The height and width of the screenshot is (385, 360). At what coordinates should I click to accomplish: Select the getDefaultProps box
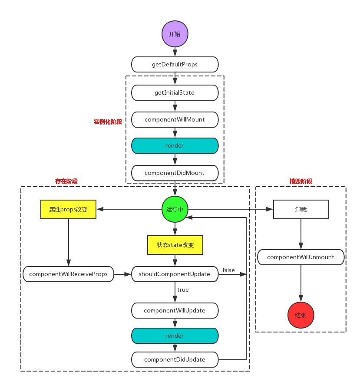pos(175,65)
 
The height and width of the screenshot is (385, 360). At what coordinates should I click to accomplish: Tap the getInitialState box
pos(175,92)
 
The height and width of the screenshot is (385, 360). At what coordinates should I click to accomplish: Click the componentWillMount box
pos(175,118)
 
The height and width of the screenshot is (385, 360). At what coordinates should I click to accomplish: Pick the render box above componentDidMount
pos(175,145)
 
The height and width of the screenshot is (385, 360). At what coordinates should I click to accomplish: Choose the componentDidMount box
pos(175,173)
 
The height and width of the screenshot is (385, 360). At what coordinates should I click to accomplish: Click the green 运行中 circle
pos(175,209)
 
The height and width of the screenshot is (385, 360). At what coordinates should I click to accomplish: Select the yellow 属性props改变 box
pos(68,209)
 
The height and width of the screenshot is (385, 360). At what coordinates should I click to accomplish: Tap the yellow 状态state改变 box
pos(175,245)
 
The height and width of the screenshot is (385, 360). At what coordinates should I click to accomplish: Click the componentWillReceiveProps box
pos(68,274)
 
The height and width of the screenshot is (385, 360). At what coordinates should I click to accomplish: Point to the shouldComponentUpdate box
pos(175,274)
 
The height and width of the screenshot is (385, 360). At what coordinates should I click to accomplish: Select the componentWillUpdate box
pos(175,310)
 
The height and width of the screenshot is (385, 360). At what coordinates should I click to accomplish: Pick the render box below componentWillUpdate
pos(175,336)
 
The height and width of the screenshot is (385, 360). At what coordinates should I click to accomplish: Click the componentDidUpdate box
pos(175,359)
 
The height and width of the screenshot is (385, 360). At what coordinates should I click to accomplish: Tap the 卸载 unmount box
pos(301,209)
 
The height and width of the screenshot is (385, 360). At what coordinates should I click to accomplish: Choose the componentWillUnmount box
pos(301,257)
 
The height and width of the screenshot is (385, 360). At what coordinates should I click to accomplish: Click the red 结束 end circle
pos(301,315)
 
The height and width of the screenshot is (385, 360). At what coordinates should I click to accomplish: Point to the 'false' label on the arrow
pos(228,270)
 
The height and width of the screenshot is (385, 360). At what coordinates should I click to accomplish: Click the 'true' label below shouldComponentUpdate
pos(182,290)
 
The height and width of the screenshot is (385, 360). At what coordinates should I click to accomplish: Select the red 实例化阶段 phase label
pos(107,122)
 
